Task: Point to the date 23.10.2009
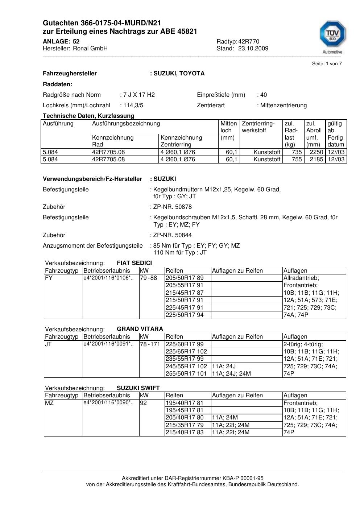(x=253, y=49)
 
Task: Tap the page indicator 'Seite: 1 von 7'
(x=327, y=64)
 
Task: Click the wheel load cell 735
(x=297, y=152)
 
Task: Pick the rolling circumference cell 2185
(x=316, y=160)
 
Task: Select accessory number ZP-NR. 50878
(x=173, y=207)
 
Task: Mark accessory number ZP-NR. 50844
(x=173, y=235)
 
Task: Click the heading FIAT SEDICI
(x=134, y=263)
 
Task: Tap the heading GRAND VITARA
(x=140, y=329)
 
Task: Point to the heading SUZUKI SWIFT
(x=138, y=388)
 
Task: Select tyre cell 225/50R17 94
(x=185, y=315)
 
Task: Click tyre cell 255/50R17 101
(x=186, y=374)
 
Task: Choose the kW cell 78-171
(x=150, y=344)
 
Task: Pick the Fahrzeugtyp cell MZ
(x=49, y=403)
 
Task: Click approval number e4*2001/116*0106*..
(x=108, y=278)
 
